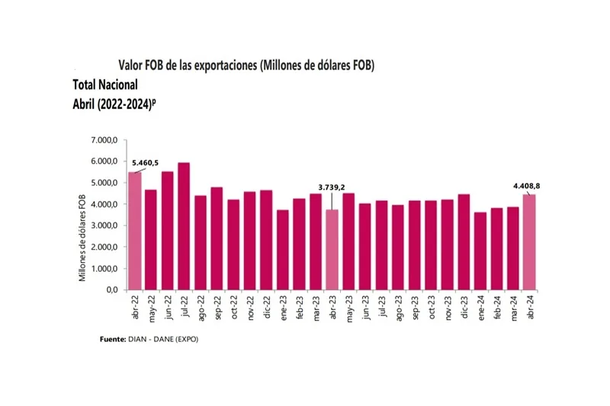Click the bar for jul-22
184,226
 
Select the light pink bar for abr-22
134,231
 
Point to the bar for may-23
348,241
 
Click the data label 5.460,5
146,162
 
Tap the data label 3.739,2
332,187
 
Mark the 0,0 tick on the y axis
111,290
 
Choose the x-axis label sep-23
415,307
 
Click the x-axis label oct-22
234,307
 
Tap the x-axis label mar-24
512,307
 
